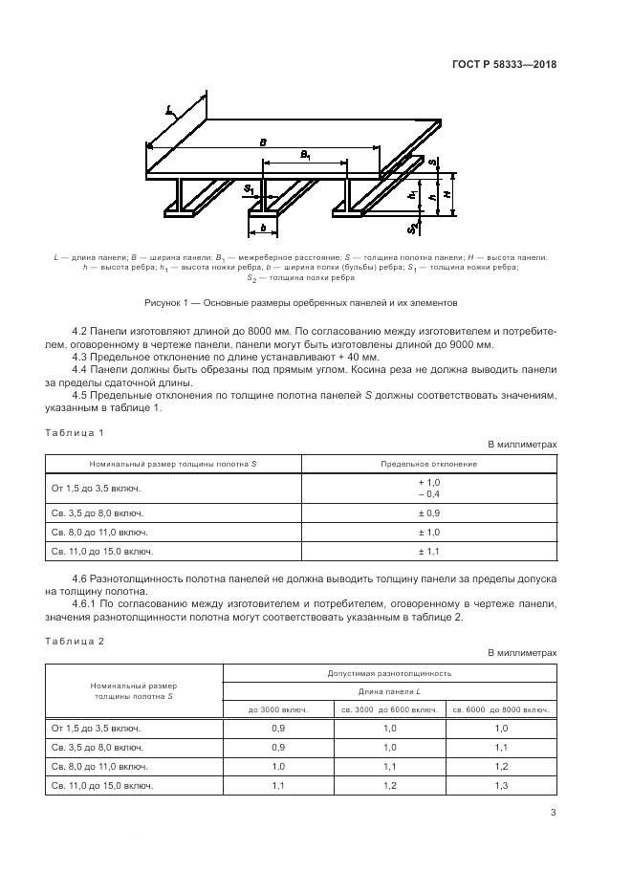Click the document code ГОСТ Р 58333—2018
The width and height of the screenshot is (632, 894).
pos(504,65)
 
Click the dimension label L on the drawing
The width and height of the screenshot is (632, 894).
pos(169,111)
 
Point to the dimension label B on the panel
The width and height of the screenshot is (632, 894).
pos(263,142)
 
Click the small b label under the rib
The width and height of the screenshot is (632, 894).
pos(262,229)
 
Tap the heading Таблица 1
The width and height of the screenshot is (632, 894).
pos(75,433)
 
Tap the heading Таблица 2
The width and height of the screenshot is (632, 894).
pos(75,642)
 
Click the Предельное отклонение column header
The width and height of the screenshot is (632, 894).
pos(429,464)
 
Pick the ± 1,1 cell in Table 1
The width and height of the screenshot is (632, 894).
pos(428,551)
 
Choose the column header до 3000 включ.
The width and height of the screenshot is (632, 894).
pos(278,709)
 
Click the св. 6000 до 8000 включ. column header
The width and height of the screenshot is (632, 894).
pos(500,709)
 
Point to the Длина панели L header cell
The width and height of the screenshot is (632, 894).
pos(389,690)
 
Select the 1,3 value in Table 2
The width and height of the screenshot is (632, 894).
pos(500,785)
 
